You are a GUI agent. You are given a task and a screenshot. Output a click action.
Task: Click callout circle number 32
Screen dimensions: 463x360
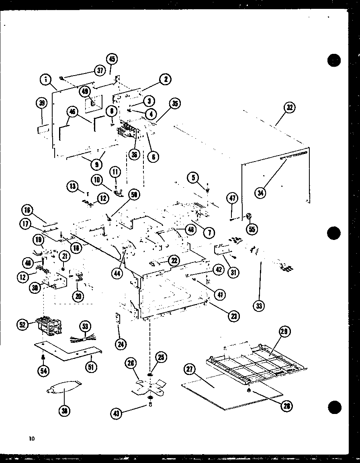pos(289,108)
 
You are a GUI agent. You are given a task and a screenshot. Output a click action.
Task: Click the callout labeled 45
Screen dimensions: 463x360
pos(112,59)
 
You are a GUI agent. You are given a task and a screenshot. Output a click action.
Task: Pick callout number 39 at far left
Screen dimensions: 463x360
pos(42,104)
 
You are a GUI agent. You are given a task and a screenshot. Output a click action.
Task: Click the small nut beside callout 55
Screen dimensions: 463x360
pos(248,217)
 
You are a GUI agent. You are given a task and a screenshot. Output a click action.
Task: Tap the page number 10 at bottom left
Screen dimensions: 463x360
pos(32,439)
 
